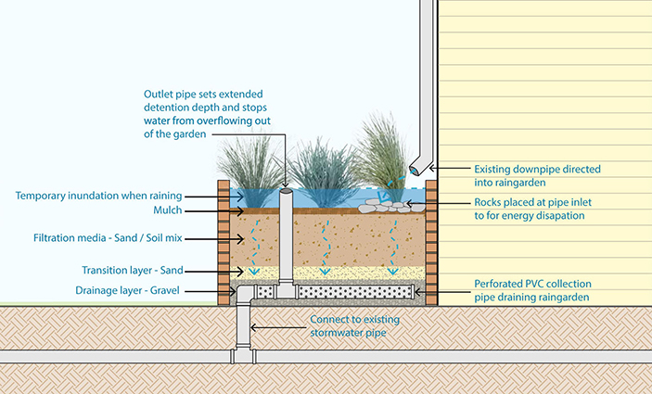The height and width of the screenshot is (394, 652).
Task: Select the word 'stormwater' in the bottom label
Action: [345, 332]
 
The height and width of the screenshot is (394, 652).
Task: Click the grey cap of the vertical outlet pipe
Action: [286, 193]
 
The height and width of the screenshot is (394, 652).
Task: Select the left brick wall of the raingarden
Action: [223, 241]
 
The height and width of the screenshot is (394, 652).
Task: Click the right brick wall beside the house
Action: [431, 241]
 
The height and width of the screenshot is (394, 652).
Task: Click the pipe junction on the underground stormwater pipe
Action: [244, 354]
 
